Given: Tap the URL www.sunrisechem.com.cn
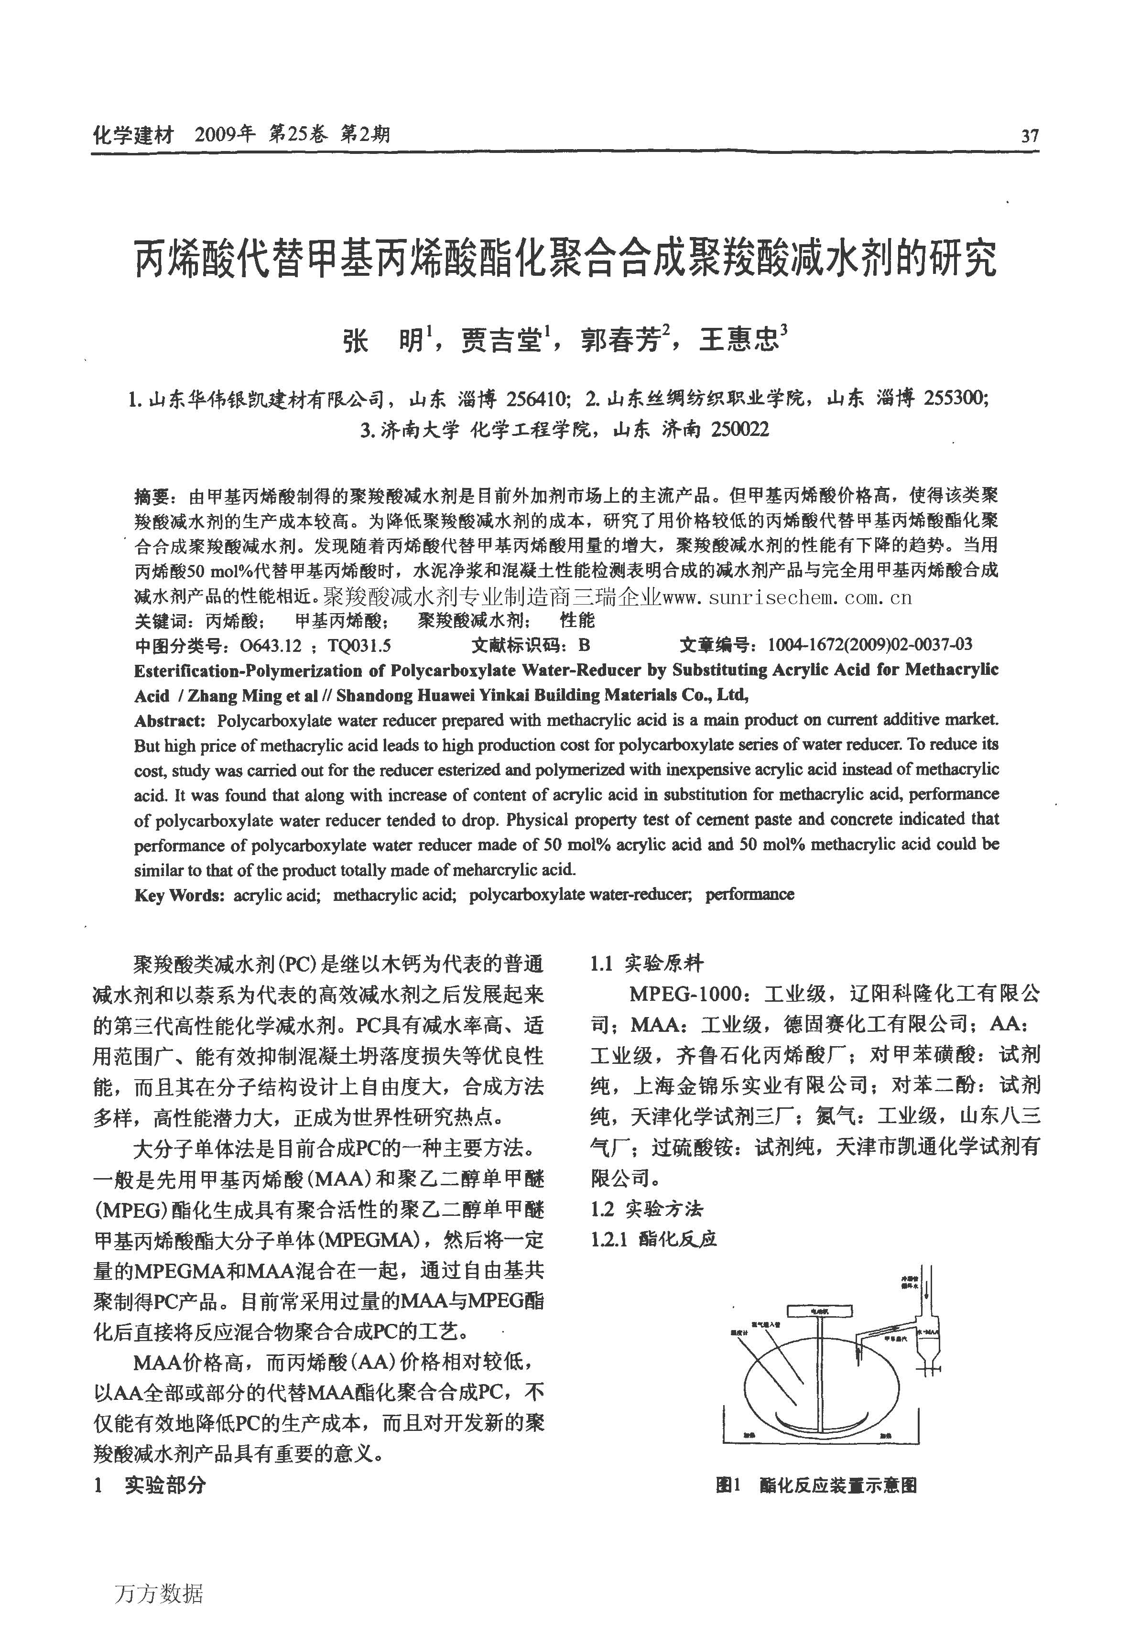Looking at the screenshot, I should (x=787, y=597).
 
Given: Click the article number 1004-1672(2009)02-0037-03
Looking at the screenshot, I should (x=869, y=645).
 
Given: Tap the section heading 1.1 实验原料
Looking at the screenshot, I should (x=647, y=964).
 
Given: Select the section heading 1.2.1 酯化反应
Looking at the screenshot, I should (x=653, y=1239).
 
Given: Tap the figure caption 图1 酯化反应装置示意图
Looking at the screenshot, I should (x=816, y=1485).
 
